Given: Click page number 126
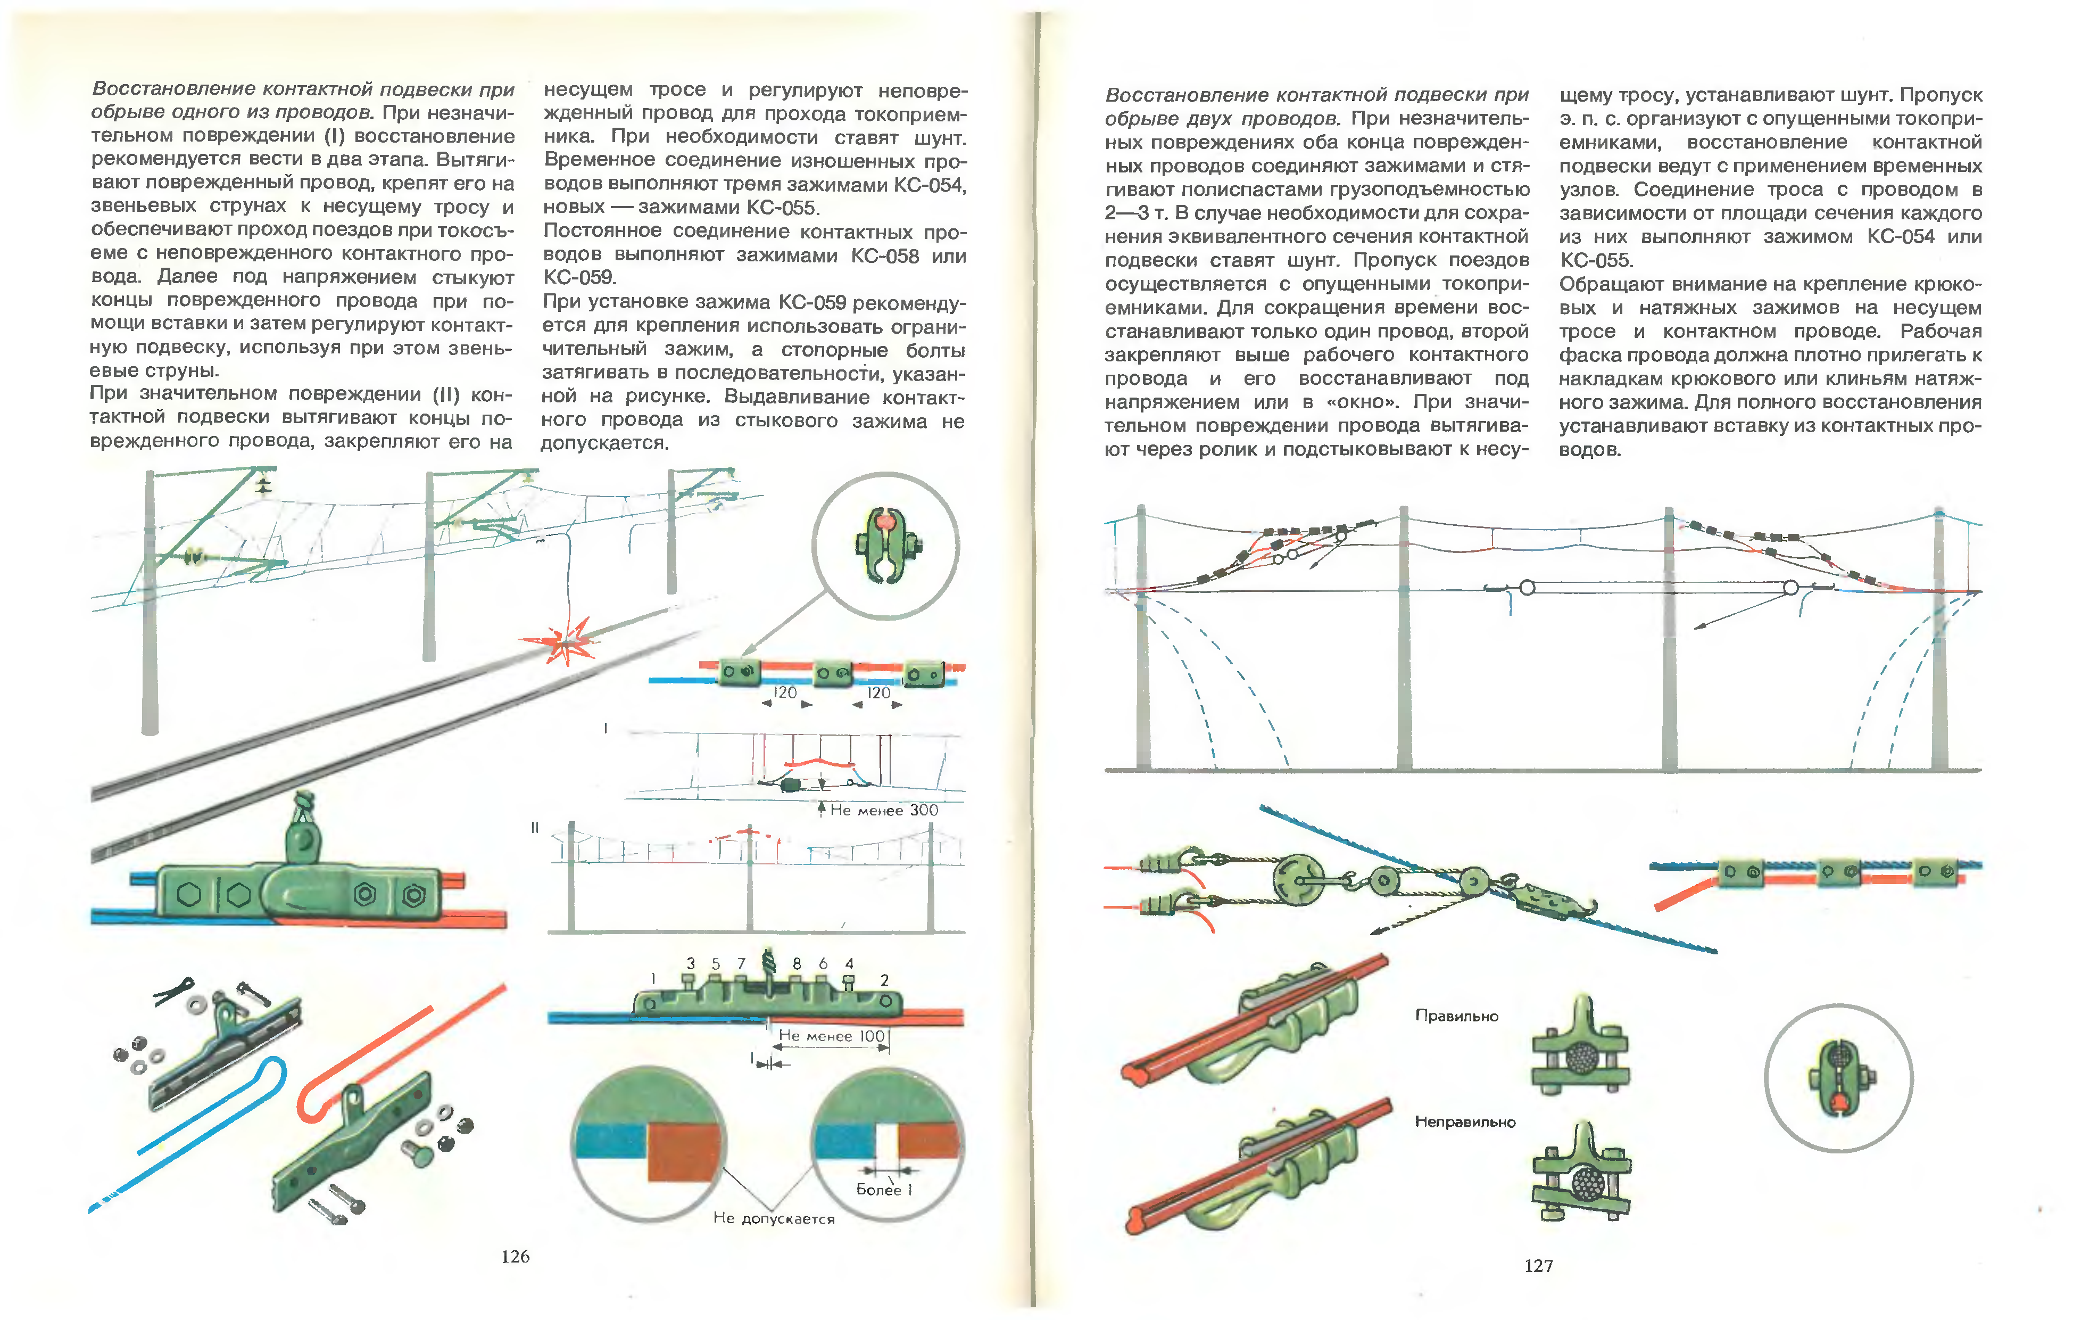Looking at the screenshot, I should (515, 1256).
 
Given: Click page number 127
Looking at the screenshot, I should (1538, 1265).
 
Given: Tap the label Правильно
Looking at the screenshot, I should (1457, 1016).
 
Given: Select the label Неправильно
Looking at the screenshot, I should (1464, 1122).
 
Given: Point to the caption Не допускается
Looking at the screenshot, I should (773, 1218).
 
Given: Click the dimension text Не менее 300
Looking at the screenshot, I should (883, 810).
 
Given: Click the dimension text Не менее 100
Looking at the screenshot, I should (832, 1036).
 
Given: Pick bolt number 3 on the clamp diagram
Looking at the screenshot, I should (691, 963).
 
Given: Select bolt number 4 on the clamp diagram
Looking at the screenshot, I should (849, 963).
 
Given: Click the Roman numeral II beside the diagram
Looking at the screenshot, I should (535, 828).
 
